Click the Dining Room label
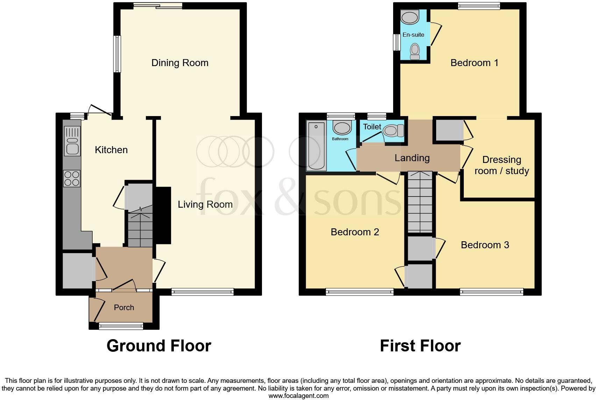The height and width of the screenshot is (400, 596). pyautogui.click(x=180, y=63)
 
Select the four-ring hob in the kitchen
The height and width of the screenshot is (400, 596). pyautogui.click(x=72, y=178)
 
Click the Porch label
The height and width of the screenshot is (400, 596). pyautogui.click(x=124, y=307)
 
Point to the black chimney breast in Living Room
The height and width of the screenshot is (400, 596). pyautogui.click(x=163, y=215)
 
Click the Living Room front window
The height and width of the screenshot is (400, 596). pyautogui.click(x=203, y=291)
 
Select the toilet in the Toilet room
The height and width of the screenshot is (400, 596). pyautogui.click(x=393, y=131)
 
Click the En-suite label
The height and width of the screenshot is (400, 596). pyautogui.click(x=413, y=35)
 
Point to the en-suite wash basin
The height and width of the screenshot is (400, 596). pyautogui.click(x=410, y=17)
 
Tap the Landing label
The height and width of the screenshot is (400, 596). pyautogui.click(x=412, y=158)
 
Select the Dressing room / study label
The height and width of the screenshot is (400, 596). pyautogui.click(x=502, y=165)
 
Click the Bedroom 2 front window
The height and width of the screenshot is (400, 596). pyautogui.click(x=360, y=291)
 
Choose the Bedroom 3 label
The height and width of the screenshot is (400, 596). pyautogui.click(x=485, y=245)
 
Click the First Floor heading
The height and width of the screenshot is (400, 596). pyautogui.click(x=420, y=346)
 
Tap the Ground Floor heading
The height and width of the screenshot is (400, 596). pyautogui.click(x=159, y=346)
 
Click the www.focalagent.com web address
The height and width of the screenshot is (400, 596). pyautogui.click(x=298, y=396)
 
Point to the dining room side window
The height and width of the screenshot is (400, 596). pyautogui.click(x=117, y=54)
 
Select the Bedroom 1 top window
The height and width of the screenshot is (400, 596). pyautogui.click(x=479, y=6)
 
